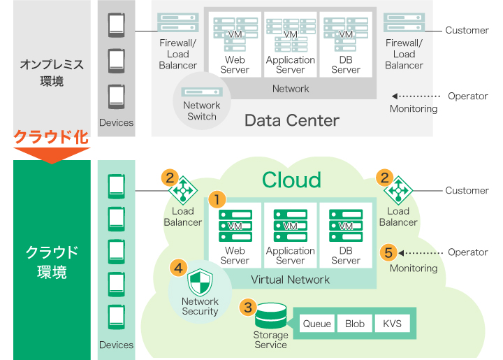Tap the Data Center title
click(291, 120)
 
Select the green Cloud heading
click(291, 180)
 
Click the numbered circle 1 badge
click(218, 199)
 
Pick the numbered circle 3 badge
click(247, 306)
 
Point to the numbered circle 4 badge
click(178, 267)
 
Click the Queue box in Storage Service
click(316, 324)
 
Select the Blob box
click(355, 324)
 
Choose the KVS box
click(392, 324)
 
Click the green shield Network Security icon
click(200, 282)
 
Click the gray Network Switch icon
click(202, 92)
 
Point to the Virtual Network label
click(290, 280)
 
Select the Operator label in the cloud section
click(467, 252)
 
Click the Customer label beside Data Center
click(467, 30)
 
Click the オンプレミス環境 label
click(52, 73)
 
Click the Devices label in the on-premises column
click(116, 122)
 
